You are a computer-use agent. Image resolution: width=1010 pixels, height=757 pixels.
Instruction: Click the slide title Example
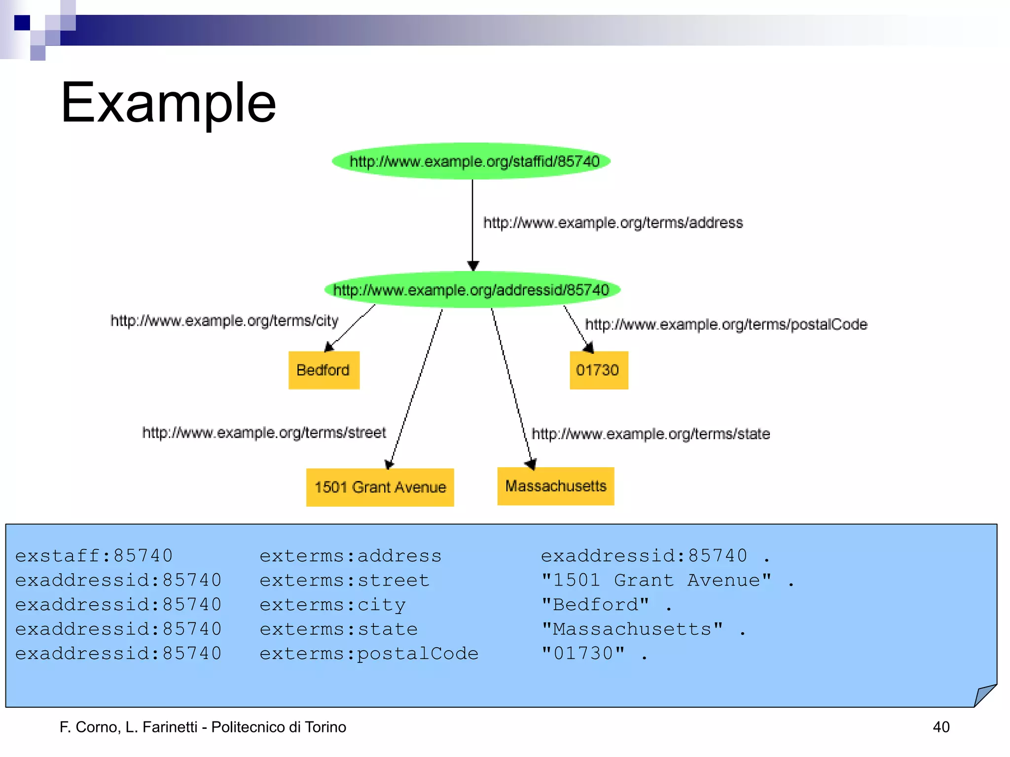click(168, 103)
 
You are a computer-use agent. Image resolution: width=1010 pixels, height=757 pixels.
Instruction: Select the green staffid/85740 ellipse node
click(471, 161)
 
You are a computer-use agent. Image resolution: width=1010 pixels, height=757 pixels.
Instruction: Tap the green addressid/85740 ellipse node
click(472, 290)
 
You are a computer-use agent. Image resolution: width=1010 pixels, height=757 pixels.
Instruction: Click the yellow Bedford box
click(324, 370)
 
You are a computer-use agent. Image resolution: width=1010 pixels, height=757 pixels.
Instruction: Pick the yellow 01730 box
click(598, 370)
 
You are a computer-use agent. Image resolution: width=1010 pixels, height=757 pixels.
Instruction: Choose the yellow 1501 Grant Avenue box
click(380, 487)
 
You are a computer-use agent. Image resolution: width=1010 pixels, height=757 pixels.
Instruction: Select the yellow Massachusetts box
click(555, 486)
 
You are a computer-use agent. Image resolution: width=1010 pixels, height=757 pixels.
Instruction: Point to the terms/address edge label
click(613, 223)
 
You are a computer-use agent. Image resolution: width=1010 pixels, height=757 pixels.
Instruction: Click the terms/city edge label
click(224, 321)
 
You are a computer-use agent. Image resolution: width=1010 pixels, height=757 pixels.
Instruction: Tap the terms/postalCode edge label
click(725, 324)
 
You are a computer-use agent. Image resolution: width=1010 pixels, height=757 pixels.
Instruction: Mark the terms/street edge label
click(264, 433)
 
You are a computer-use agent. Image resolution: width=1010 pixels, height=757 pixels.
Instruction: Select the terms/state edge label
click(650, 434)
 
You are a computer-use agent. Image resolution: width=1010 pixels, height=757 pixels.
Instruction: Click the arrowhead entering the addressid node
click(472, 266)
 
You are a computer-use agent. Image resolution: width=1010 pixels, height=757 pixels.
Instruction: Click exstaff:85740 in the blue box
click(94, 556)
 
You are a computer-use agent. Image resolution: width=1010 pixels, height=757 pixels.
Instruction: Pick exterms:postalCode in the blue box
click(369, 654)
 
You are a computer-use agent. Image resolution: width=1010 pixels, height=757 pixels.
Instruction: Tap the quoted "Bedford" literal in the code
click(595, 605)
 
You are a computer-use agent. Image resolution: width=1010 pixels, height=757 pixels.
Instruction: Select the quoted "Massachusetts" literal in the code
click(632, 629)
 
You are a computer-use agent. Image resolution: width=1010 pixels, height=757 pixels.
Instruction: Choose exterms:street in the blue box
click(344, 581)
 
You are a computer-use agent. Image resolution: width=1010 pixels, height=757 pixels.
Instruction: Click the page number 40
click(941, 727)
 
